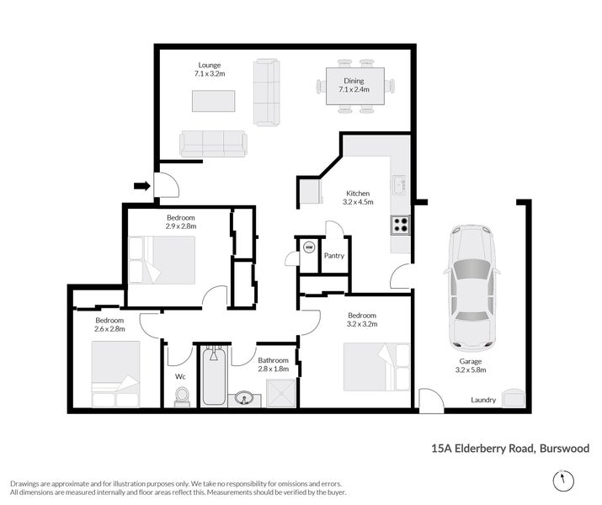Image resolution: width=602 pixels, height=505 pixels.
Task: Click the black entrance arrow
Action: click(x=141, y=185)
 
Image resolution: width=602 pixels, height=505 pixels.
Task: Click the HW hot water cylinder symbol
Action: click(x=309, y=248)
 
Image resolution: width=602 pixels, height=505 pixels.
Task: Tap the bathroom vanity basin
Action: click(x=245, y=398)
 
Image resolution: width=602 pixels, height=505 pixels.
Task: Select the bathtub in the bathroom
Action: click(x=213, y=379)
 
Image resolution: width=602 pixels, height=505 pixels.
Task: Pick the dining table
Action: click(x=354, y=86)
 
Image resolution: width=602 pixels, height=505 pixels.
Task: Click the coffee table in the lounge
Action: click(x=214, y=101)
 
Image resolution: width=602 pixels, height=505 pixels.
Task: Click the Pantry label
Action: click(x=335, y=256)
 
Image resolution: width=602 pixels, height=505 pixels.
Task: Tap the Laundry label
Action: click(x=482, y=400)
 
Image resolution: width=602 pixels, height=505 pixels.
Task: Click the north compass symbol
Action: click(x=564, y=480)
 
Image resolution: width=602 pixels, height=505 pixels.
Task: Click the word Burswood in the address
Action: click(x=565, y=449)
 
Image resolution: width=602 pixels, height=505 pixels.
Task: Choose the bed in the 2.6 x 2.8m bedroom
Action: click(x=115, y=375)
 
